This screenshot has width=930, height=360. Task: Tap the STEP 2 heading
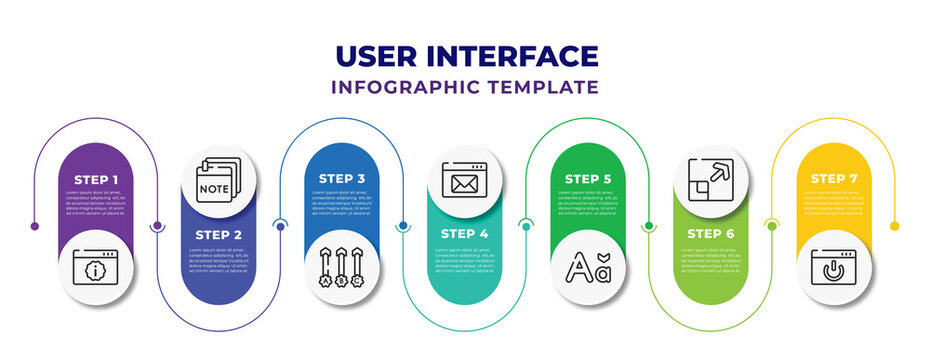click(x=218, y=234)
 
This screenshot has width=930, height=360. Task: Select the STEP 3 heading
click(x=342, y=179)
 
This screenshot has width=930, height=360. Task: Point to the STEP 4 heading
click(x=465, y=234)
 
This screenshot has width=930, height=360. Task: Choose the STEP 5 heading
click(x=588, y=179)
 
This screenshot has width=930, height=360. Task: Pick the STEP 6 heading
click(x=711, y=234)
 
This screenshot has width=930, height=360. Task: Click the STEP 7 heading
click(x=834, y=179)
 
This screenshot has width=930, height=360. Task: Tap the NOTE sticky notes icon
click(x=218, y=180)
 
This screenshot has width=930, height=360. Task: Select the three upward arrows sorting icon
click(x=342, y=267)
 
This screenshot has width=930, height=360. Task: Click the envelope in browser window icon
click(x=465, y=180)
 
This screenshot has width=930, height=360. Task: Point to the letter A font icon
click(x=588, y=267)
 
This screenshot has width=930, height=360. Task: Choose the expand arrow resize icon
click(x=711, y=180)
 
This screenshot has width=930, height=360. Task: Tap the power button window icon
click(x=834, y=267)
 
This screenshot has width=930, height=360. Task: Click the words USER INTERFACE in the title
click(x=465, y=56)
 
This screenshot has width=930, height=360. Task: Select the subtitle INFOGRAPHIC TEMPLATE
click(x=465, y=87)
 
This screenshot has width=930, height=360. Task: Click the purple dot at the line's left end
click(x=35, y=226)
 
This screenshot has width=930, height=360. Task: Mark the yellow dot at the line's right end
click(x=894, y=226)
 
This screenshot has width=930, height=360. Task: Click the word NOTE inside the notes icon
click(x=212, y=187)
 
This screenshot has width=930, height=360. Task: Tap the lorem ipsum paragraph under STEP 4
click(x=465, y=261)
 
